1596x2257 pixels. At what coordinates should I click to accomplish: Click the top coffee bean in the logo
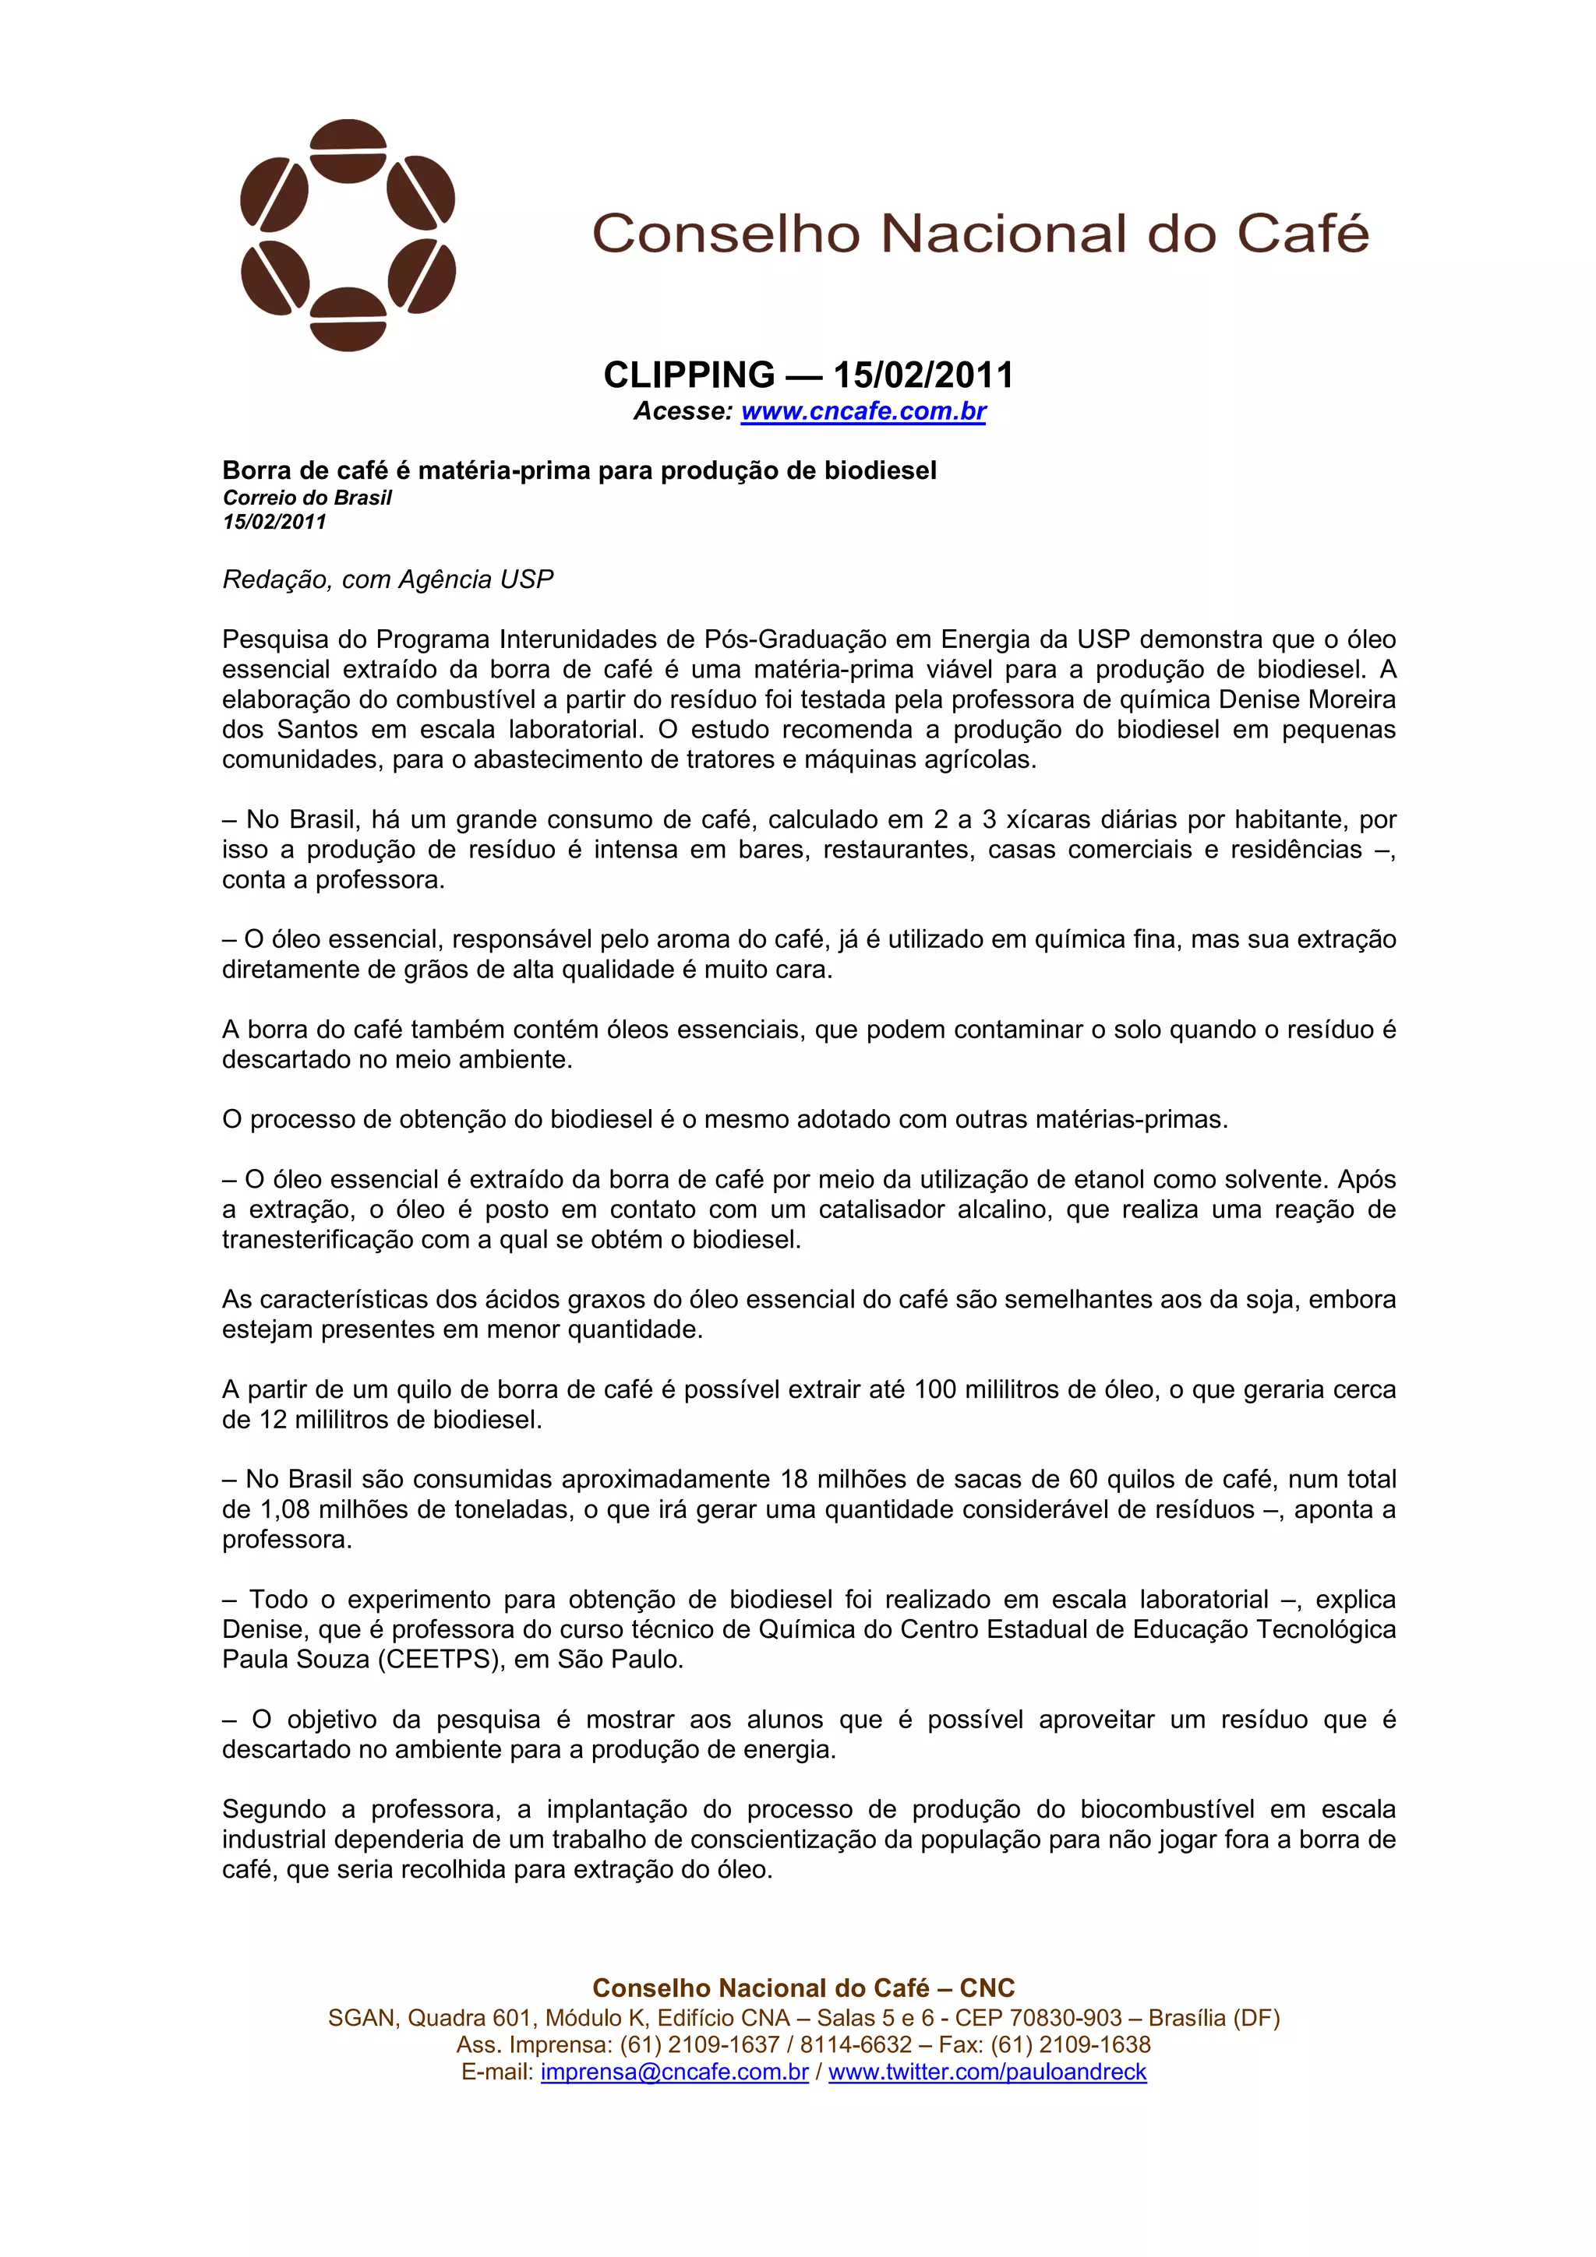pyautogui.click(x=348, y=150)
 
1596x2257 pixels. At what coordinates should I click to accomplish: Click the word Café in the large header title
pyautogui.click(x=1302, y=234)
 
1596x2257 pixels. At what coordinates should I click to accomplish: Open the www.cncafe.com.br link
pyautogui.click(x=863, y=411)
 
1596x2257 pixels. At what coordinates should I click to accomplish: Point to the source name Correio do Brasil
pyautogui.click(x=307, y=498)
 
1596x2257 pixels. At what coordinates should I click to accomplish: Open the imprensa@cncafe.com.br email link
pyautogui.click(x=675, y=2072)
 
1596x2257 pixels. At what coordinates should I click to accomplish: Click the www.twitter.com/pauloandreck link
pyautogui.click(x=987, y=2072)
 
